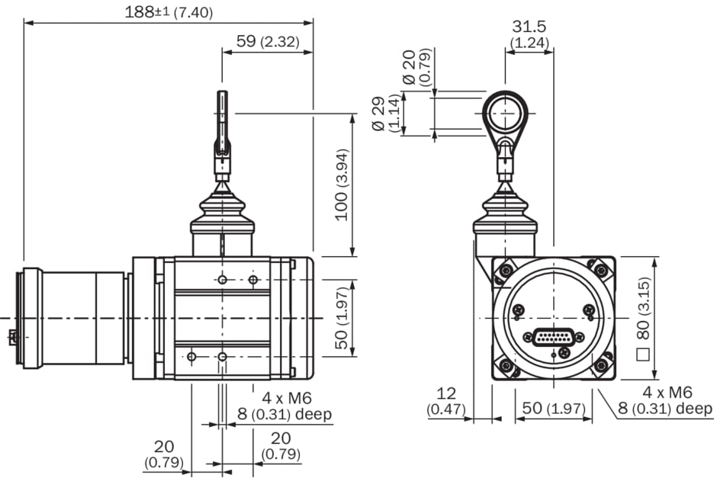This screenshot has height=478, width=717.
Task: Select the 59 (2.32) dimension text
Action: pyautogui.click(x=267, y=42)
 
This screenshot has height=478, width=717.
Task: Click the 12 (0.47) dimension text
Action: pyautogui.click(x=445, y=401)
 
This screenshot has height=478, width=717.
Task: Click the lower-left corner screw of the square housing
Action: pyautogui.click(x=506, y=367)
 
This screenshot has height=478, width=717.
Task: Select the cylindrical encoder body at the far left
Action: pyautogui.click(x=73, y=317)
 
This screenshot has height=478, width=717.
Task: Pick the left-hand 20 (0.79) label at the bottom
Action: pyautogui.click(x=164, y=454)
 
